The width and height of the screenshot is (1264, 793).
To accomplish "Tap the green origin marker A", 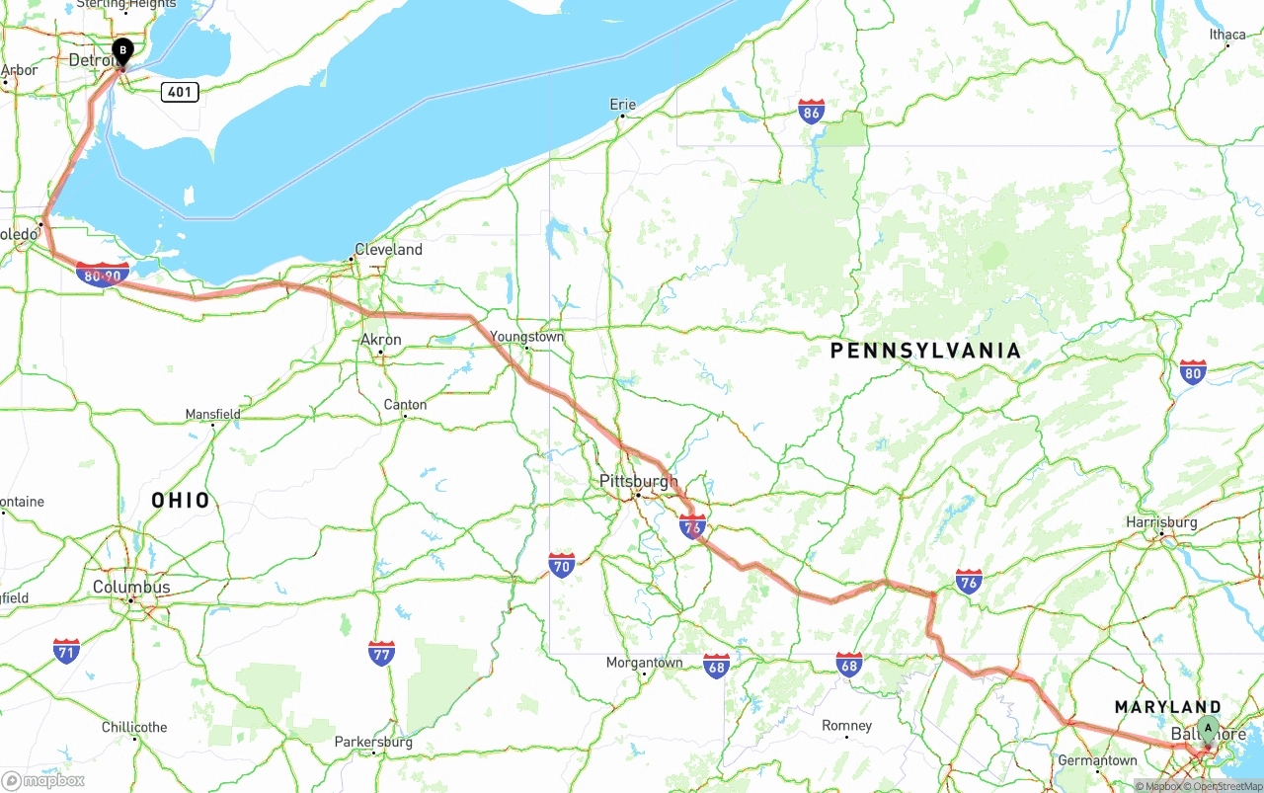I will [1208, 730].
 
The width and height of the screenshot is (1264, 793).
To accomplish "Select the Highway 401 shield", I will [180, 92].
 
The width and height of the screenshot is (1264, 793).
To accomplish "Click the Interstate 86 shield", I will [812, 111].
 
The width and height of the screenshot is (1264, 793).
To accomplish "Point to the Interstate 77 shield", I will [382, 653].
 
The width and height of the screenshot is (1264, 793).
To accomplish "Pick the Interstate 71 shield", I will [66, 651].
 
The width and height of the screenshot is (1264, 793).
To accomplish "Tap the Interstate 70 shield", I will [562, 565].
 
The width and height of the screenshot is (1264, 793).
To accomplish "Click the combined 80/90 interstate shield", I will [102, 275].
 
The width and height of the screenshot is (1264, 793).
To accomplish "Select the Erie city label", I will [622, 104].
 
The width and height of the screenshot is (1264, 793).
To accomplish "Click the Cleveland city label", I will [388, 250].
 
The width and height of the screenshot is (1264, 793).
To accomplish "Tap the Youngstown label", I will [527, 337].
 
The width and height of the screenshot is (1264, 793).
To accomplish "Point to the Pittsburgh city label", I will [639, 482].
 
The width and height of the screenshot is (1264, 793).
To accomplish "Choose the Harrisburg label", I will [1161, 522].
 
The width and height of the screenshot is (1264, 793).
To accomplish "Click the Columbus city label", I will [131, 588].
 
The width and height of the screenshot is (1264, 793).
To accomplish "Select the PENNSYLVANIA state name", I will [925, 351].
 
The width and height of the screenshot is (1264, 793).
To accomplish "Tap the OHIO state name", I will [181, 501].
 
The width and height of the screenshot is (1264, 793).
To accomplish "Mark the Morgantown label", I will [644, 663].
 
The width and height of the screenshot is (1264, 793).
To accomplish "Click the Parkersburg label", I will [373, 742].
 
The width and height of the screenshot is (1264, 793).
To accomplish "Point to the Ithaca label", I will [1227, 35].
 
